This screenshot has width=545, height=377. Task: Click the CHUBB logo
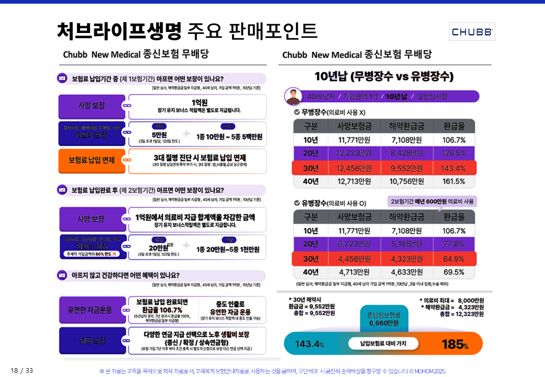pyautogui.click(x=472, y=32)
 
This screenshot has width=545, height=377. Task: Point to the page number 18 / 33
pyautogui.click(x=21, y=371)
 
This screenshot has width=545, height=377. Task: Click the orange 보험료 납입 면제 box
pyautogui.click(x=92, y=160)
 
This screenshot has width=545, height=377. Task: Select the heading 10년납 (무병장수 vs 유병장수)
pyautogui.click(x=384, y=76)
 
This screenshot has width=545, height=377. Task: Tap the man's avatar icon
pyautogui.click(x=293, y=96)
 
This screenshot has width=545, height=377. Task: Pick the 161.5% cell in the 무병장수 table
pyautogui.click(x=453, y=181)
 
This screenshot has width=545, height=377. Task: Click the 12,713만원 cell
pyautogui.click(x=354, y=181)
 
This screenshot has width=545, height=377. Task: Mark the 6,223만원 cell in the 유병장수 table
pyautogui.click(x=354, y=244)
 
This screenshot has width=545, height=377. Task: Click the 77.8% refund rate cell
pyautogui.click(x=453, y=244)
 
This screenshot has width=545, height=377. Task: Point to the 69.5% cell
pyautogui.click(x=453, y=272)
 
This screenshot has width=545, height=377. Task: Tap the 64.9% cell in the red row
pyautogui.click(x=453, y=258)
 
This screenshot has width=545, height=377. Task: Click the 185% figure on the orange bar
pyautogui.click(x=455, y=344)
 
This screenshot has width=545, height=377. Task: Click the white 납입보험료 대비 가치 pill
pyautogui.click(x=384, y=343)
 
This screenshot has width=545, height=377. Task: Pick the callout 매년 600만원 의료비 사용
pyautogui.click(x=432, y=202)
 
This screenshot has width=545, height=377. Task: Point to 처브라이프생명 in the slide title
pyautogui.click(x=119, y=31)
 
